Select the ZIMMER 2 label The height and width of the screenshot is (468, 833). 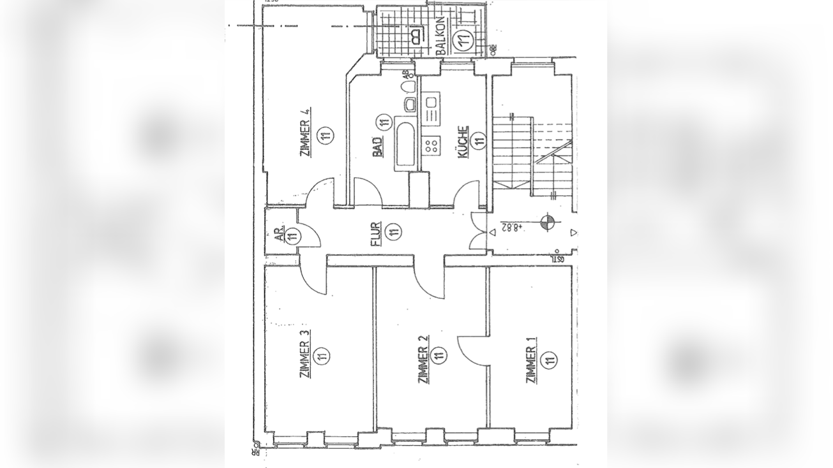422,360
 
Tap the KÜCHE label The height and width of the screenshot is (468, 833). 462,141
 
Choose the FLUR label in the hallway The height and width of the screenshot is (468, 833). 376,233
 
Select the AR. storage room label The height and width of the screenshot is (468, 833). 278,234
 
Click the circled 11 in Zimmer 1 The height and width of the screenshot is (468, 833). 549,361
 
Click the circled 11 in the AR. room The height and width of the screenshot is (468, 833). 293,236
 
